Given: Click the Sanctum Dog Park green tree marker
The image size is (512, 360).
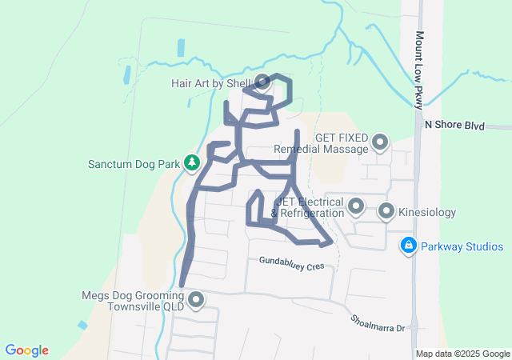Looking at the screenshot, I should (192, 163).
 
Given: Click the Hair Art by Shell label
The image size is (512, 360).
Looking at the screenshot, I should (211, 82).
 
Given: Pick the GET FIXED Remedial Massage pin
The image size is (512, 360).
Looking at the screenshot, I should (379, 143).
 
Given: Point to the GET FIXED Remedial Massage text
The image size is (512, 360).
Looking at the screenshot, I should (320, 143).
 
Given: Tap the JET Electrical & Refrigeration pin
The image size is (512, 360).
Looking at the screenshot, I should (356, 207).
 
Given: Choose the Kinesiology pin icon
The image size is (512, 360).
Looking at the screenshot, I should (386, 212).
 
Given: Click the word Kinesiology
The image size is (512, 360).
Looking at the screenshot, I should (427, 213).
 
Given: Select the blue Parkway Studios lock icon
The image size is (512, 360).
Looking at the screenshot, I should (408, 246).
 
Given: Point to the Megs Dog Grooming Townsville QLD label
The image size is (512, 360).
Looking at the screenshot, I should (133, 300).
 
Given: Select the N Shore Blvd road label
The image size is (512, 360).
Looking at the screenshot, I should (455, 125).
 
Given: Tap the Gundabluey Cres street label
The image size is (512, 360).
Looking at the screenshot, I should (291, 262).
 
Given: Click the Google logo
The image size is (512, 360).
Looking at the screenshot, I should (26, 350).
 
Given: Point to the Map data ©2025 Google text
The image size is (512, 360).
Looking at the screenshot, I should (462, 354).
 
